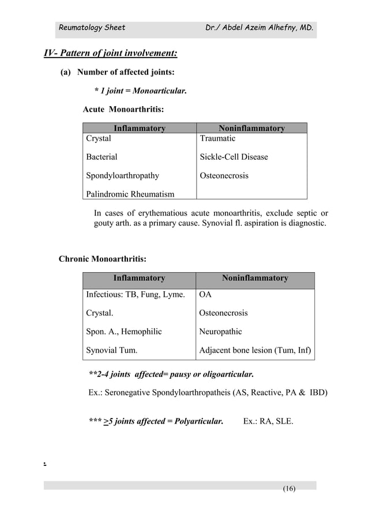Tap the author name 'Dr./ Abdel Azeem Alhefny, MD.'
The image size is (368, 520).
260,27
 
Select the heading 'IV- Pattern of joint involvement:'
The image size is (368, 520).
111,54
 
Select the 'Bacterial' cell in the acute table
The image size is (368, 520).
102,157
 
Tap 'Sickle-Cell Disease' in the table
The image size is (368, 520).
234,157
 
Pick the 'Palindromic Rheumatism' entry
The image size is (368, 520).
130,194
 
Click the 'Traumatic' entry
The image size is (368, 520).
217,138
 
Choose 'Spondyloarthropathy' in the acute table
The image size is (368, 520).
123,175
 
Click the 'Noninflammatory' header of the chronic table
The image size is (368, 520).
255,278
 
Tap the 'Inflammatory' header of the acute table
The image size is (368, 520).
140,129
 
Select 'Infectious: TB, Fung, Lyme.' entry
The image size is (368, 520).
136,295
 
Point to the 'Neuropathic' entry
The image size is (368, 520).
220,331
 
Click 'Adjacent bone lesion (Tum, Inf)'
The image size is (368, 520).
255,350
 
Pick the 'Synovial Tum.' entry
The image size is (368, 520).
112,350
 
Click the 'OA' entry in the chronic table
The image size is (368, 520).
205,295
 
